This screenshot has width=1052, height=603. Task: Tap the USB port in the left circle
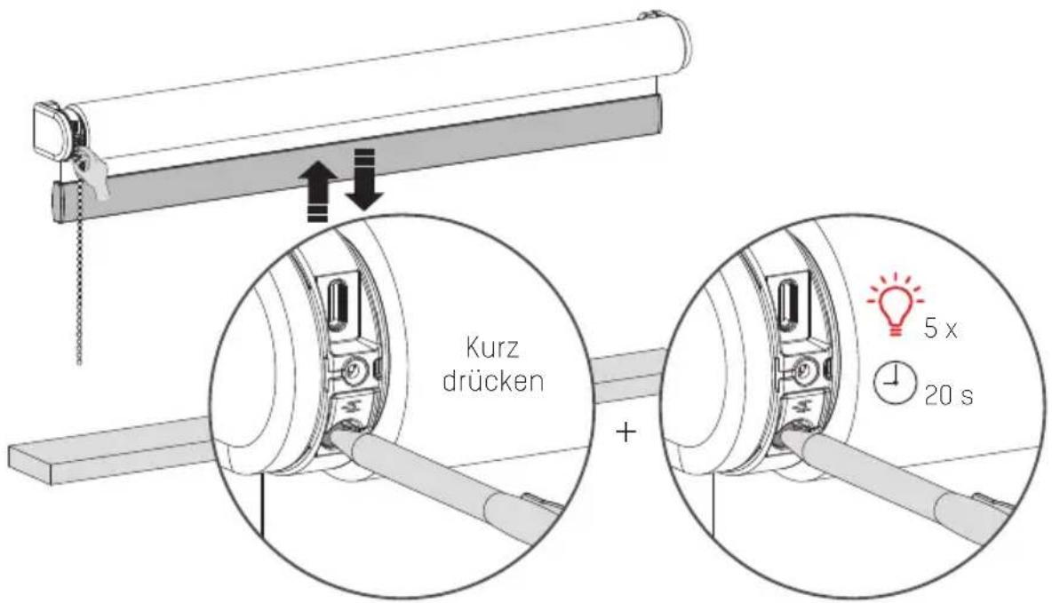(x=338, y=303)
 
